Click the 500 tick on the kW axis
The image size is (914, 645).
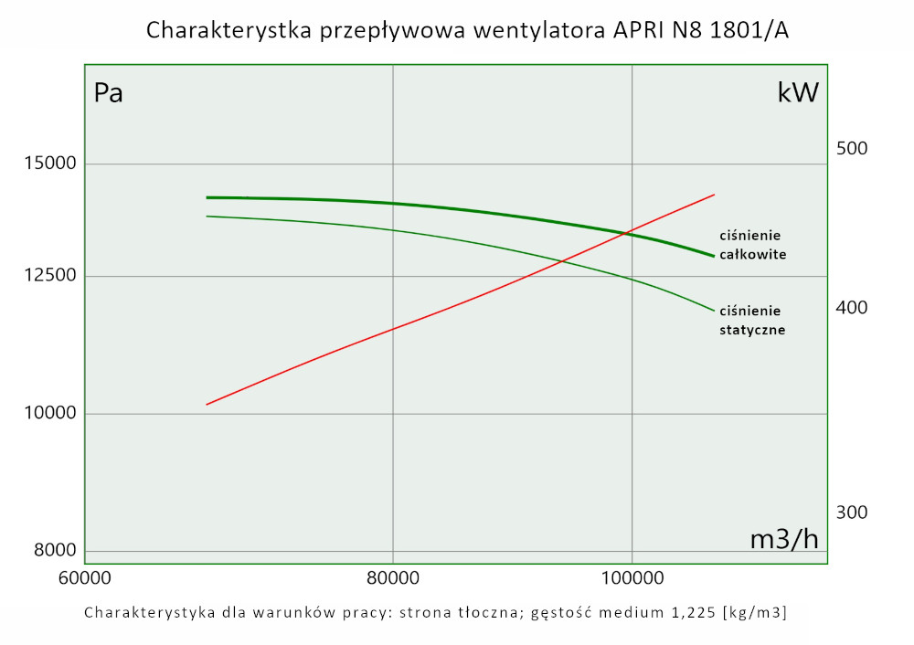pyautogui.click(x=851, y=149)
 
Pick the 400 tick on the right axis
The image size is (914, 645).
pyautogui.click(x=851, y=308)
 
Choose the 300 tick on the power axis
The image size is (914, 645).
pyautogui.click(x=851, y=512)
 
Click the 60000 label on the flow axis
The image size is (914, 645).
pyautogui.click(x=84, y=579)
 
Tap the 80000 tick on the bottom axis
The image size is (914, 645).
pyautogui.click(x=392, y=579)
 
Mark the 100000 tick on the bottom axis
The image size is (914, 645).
pyautogui.click(x=632, y=579)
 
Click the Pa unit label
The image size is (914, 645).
pyautogui.click(x=109, y=93)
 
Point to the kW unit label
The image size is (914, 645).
pyautogui.click(x=798, y=93)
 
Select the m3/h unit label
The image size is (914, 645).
pyautogui.click(x=784, y=539)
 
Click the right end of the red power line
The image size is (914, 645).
pyautogui.click(x=714, y=195)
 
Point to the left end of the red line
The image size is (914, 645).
pyautogui.click(x=207, y=404)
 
